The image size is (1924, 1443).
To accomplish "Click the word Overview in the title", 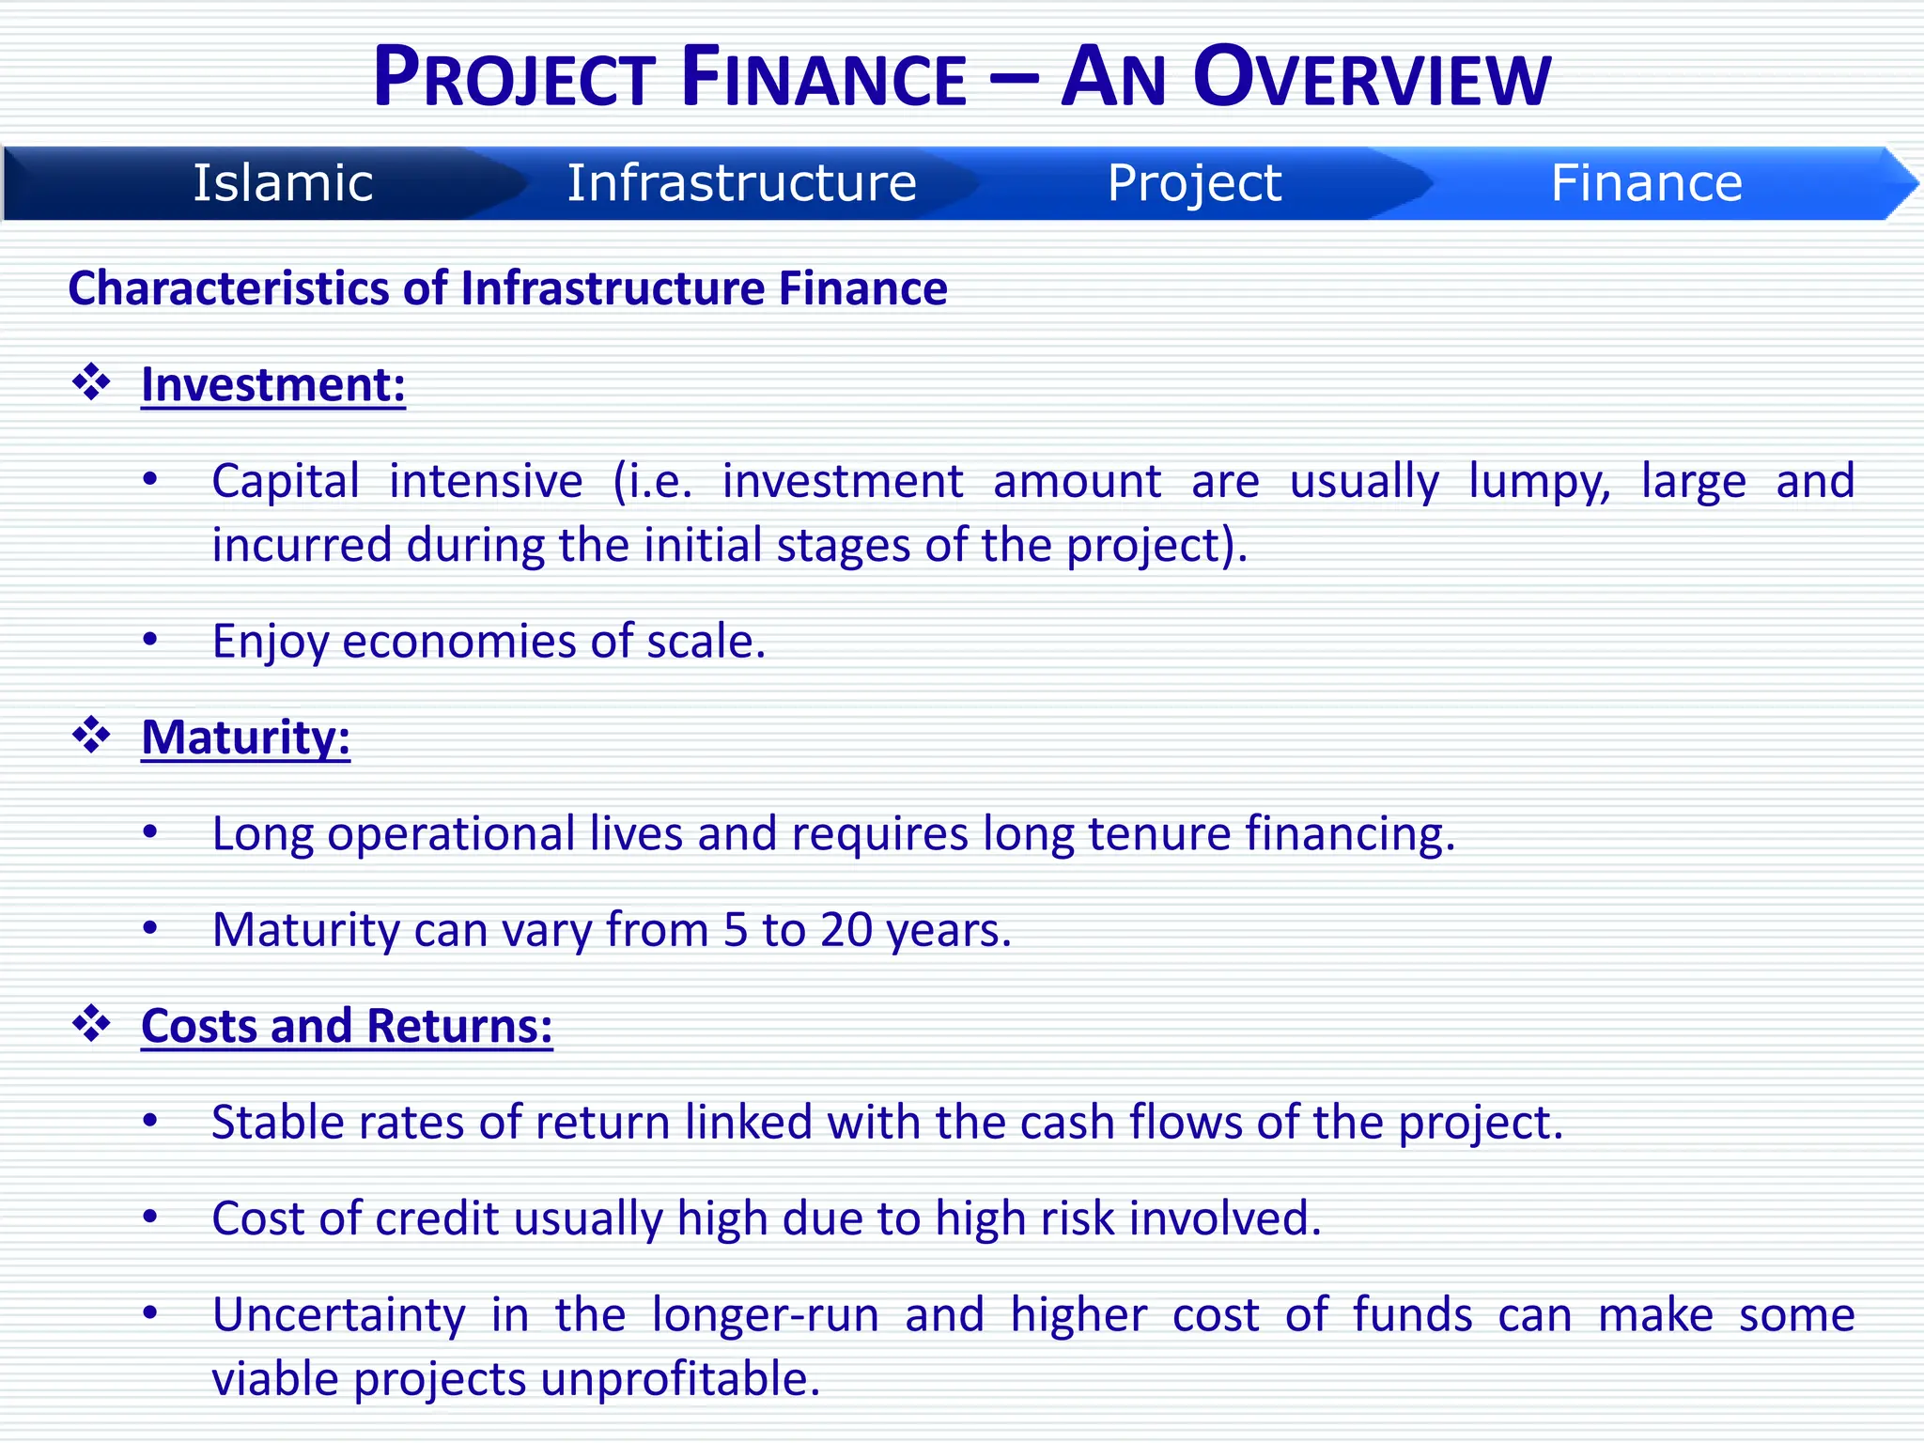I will click(x=1372, y=78).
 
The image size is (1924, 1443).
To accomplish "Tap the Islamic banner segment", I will click(x=283, y=182).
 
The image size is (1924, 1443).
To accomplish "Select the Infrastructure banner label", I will click(x=741, y=182).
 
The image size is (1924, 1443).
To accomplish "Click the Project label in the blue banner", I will click(x=1193, y=182).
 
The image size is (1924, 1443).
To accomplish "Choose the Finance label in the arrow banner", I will click(x=1646, y=182).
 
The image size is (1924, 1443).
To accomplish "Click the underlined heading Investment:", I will click(x=272, y=384).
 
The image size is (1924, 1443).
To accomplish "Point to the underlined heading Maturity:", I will click(x=245, y=737).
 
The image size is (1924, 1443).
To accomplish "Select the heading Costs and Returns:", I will click(x=347, y=1025).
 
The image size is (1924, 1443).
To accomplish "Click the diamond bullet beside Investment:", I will click(x=92, y=382).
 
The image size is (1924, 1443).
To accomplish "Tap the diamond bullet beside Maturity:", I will click(x=92, y=735).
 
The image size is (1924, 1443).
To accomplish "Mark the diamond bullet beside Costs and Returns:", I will click(x=92, y=1023).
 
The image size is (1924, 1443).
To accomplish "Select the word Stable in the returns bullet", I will click(x=271, y=1122).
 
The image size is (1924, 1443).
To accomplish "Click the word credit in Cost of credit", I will click(x=436, y=1218).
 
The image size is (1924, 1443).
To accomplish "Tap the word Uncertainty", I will click(x=338, y=1314).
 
